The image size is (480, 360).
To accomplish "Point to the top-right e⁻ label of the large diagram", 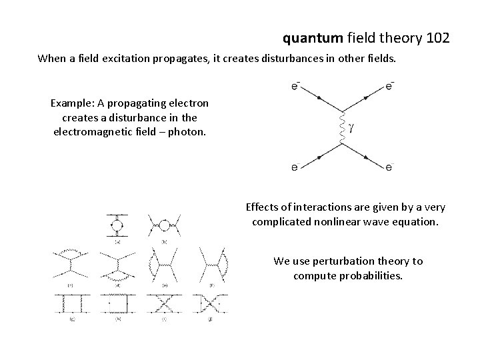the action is tap(389, 85).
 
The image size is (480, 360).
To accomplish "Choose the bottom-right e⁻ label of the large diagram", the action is tap(389, 168).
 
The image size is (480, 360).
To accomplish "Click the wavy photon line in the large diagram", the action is tap(341, 126).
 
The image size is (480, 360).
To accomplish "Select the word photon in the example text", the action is tap(189, 131).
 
